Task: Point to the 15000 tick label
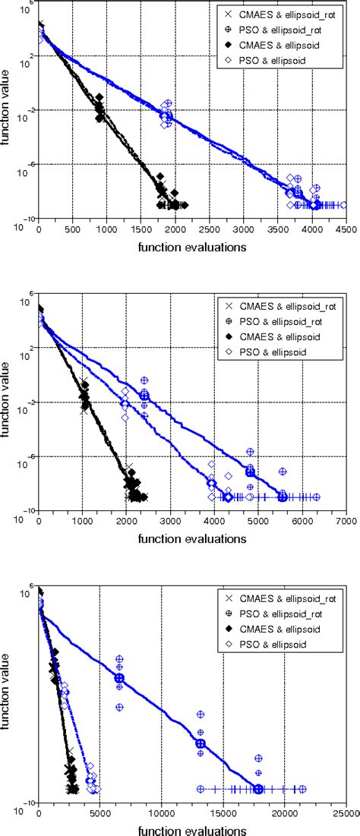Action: pyautogui.click(x=223, y=814)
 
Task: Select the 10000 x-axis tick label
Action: pyautogui.click(x=161, y=814)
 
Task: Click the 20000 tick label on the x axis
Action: pyautogui.click(x=284, y=814)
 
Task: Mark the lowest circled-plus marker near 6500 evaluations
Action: pyautogui.click(x=119, y=707)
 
